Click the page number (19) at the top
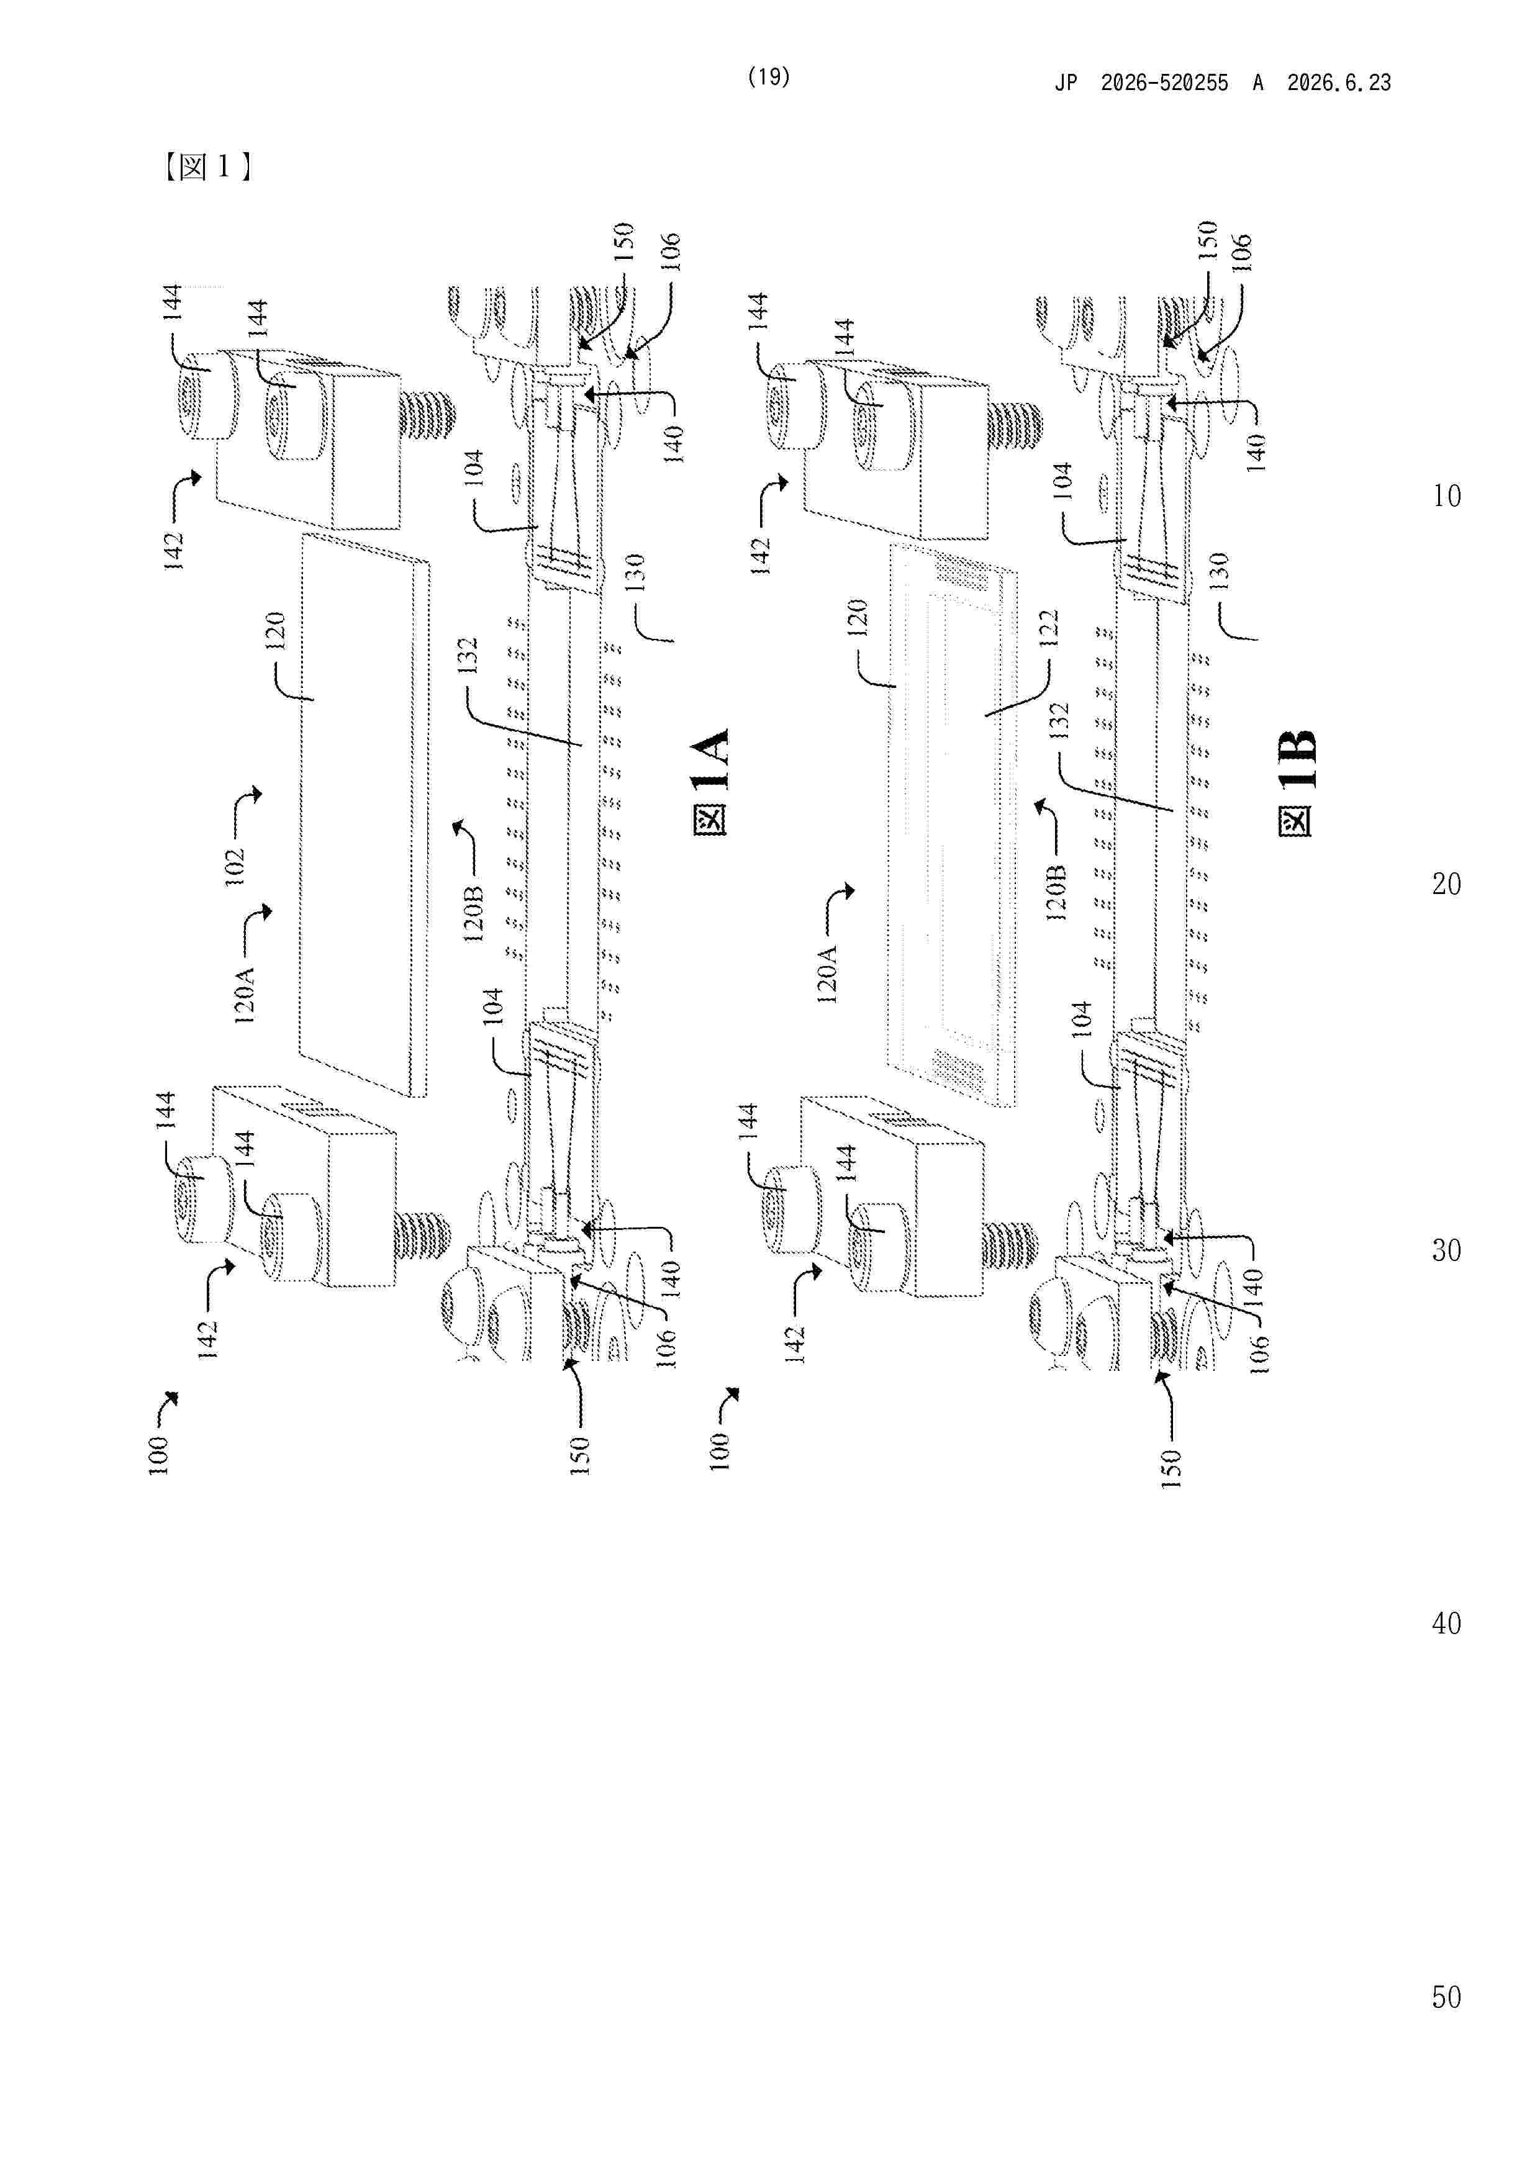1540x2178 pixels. [769, 77]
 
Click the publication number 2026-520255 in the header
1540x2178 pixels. [1164, 83]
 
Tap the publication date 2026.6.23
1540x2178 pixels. [1339, 83]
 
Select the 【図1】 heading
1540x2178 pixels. [207, 167]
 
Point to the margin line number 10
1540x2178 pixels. [1446, 496]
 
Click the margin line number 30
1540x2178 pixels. [1446, 1250]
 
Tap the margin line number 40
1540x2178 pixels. [1446, 1623]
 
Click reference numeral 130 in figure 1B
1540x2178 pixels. [1220, 571]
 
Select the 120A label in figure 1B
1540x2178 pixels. [827, 974]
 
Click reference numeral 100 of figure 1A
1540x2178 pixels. [158, 1456]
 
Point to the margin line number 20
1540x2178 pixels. [1446, 884]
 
